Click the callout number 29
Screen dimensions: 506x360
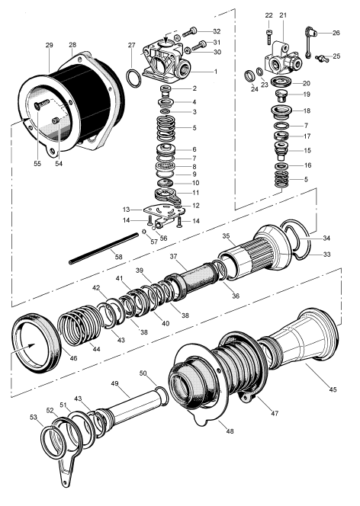click(50, 46)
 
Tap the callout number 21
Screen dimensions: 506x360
click(282, 15)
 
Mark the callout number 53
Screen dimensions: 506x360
click(33, 418)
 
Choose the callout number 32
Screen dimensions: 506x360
click(217, 30)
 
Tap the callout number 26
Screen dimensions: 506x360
click(336, 33)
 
